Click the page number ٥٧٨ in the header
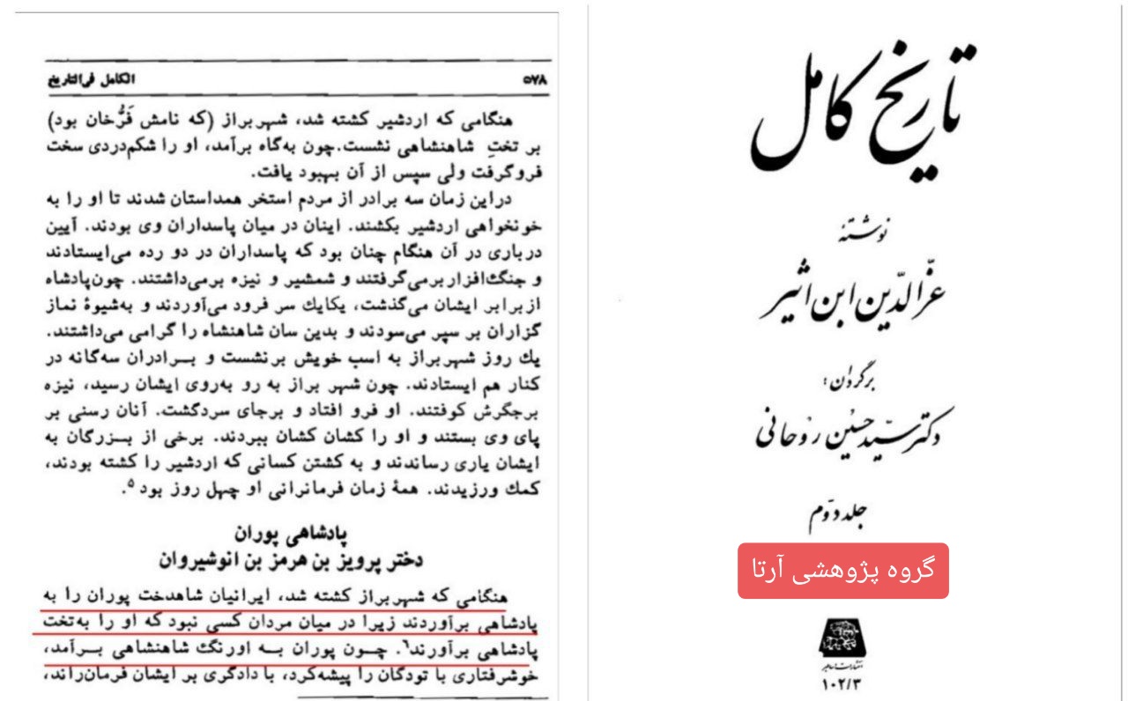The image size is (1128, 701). (535, 79)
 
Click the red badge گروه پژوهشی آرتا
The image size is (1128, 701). (842, 571)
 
